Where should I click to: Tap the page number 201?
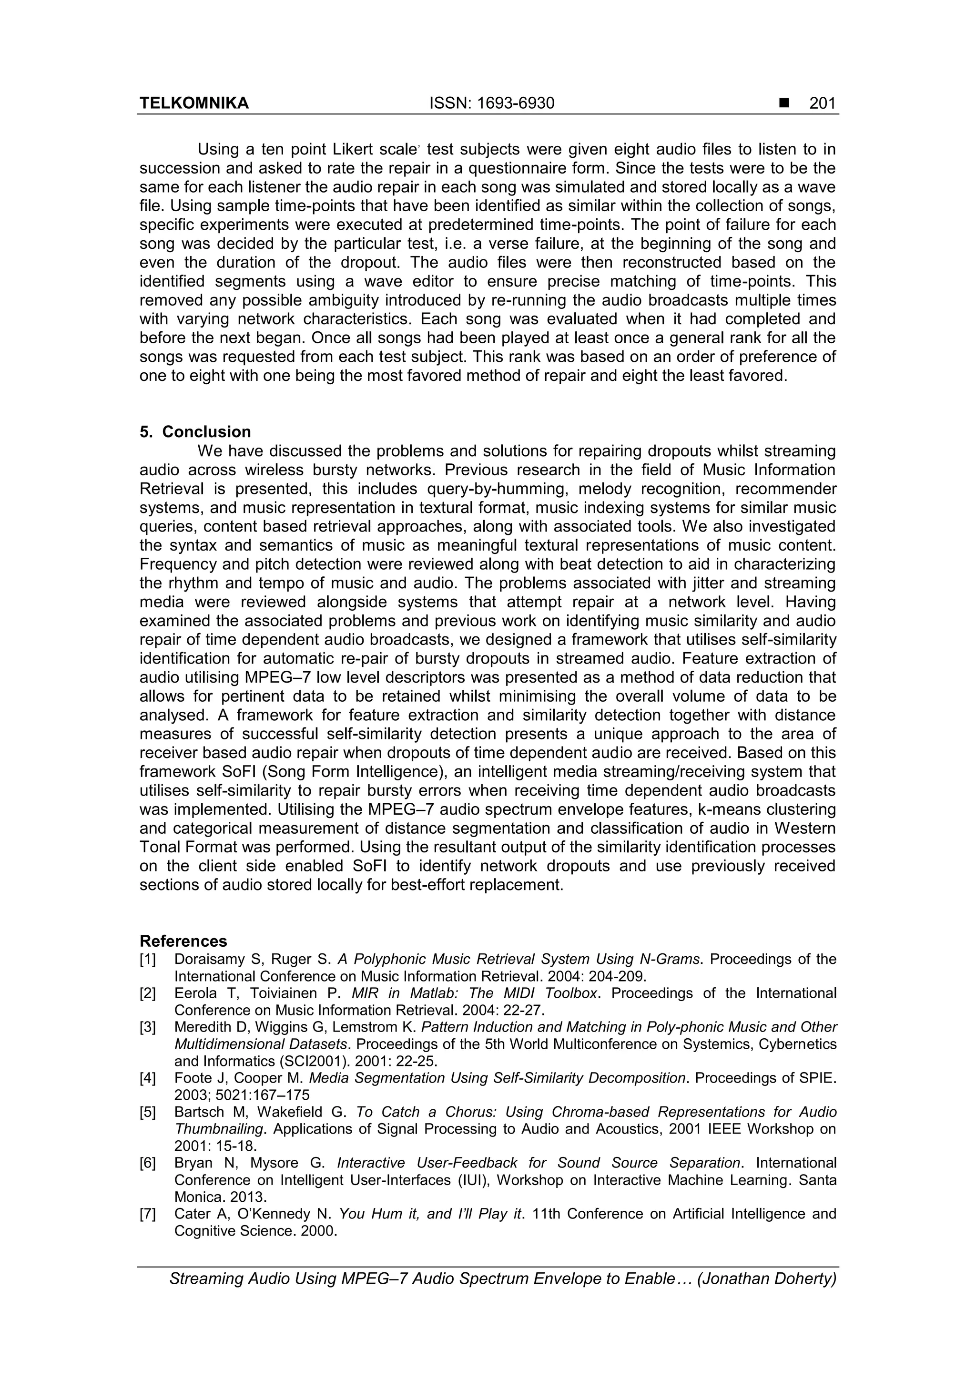pyautogui.click(x=822, y=103)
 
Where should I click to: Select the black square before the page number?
pyautogui.click(x=783, y=103)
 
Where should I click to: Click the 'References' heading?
pyautogui.click(x=183, y=941)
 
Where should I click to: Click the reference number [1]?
pyautogui.click(x=147, y=959)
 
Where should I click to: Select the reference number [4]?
pyautogui.click(x=147, y=1078)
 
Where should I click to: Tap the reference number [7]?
pyautogui.click(x=147, y=1214)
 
